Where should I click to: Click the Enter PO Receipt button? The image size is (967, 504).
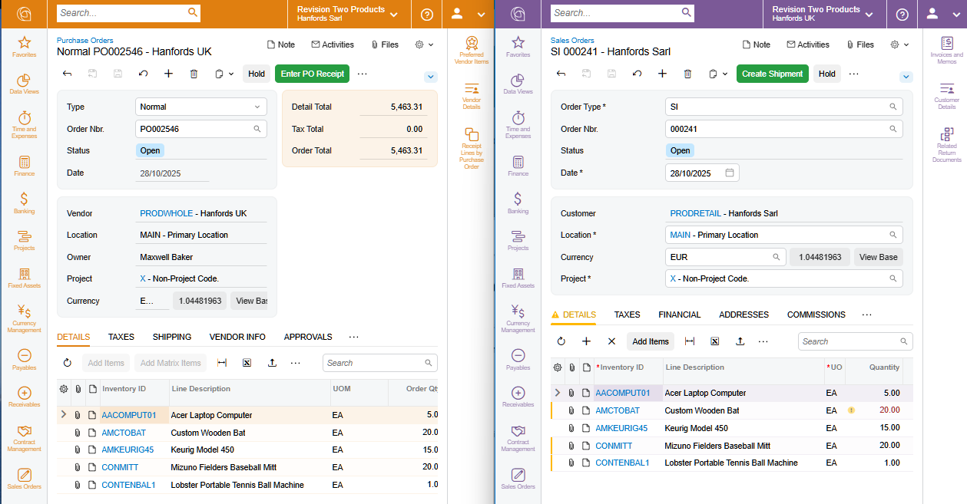click(312, 74)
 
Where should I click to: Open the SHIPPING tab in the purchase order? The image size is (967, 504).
click(172, 337)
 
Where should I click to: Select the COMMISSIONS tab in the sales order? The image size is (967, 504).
click(816, 315)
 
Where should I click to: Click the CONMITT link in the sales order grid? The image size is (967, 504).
click(614, 446)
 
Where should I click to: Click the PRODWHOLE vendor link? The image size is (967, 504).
click(166, 213)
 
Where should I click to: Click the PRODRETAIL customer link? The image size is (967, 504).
click(697, 213)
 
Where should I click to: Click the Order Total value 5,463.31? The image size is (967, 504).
click(406, 150)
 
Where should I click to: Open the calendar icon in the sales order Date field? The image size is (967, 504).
click(730, 173)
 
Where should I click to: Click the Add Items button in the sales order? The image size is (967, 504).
click(651, 341)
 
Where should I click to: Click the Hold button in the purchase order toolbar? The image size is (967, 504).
click(257, 74)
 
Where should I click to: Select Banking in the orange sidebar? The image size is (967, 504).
click(24, 203)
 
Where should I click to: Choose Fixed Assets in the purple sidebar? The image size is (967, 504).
click(518, 278)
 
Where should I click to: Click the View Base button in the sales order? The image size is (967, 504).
click(878, 257)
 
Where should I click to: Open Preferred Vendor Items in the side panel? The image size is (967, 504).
click(472, 50)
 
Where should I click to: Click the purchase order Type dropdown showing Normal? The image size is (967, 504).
click(200, 107)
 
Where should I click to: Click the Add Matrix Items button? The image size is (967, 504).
click(171, 363)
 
